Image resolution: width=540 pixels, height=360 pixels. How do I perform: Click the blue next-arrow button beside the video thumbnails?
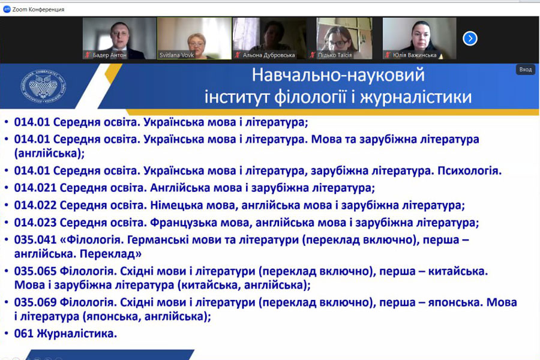pos(470,38)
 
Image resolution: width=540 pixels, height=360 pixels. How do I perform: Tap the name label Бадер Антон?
pos(110,55)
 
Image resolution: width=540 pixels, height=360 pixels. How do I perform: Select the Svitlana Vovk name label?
pos(176,55)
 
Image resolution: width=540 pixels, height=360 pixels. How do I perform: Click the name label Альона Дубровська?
pos(269,55)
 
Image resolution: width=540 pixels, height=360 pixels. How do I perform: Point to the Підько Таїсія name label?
pos(335,55)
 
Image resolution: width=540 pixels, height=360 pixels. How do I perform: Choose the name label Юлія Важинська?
pos(414,55)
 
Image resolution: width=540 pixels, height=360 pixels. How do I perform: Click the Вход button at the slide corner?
pos(525,69)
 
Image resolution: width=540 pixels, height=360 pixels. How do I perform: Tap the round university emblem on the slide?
pos(43,86)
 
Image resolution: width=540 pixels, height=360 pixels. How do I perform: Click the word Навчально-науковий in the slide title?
pos(338,75)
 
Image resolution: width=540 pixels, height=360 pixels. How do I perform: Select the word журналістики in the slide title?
pos(416,97)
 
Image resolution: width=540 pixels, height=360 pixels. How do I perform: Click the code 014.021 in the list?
pos(35,188)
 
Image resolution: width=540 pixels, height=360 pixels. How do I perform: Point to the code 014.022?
pos(35,205)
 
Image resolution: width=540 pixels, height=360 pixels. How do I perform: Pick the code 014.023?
pos(35,223)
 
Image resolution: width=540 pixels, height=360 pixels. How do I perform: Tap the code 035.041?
pos(35,240)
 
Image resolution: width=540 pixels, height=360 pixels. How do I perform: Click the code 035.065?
pos(35,271)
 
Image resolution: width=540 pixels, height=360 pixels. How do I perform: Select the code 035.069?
pos(35,302)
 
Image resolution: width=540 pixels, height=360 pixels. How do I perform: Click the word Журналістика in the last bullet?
pos(76,334)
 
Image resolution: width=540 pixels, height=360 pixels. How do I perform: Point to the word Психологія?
pos(469,171)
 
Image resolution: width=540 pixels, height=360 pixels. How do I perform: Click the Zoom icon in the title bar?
pos(7,10)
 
